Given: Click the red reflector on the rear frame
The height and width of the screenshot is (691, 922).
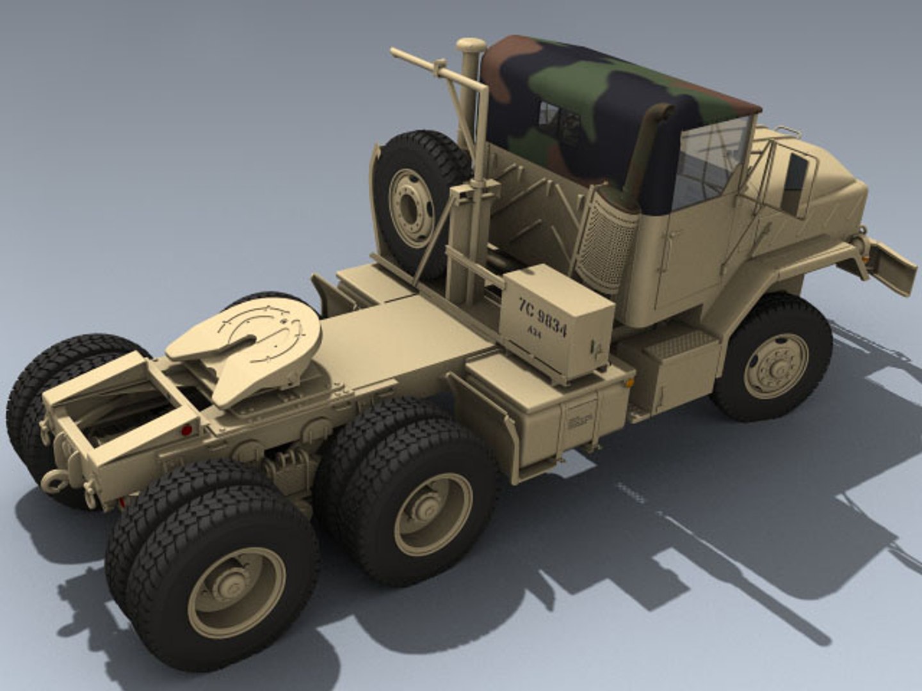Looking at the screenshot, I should pos(186,430).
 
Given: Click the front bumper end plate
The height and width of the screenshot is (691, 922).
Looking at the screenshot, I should pos(893,266).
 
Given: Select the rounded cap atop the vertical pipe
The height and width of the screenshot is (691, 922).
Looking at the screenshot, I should pos(471,45).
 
